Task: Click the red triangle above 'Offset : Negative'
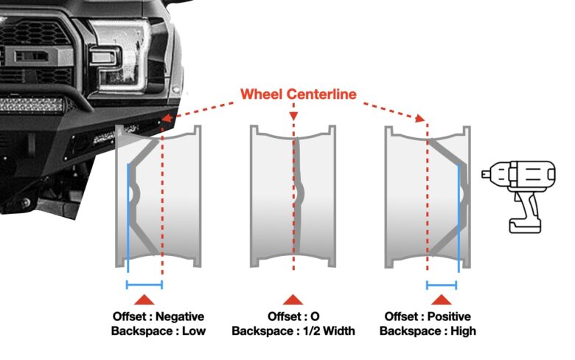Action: coord(144,299)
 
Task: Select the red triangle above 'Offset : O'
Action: coord(293,299)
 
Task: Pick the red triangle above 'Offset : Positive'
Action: coord(442,299)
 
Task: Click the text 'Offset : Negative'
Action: coord(158,316)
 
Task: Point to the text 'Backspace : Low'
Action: coord(158,331)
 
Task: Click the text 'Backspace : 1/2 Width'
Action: coord(293,331)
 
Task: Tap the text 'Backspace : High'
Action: coord(428,331)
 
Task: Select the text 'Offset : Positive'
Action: coord(428,316)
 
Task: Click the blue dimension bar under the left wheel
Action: coord(144,284)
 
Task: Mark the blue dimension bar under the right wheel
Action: coord(442,284)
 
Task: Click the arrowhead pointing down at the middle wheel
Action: coord(293,117)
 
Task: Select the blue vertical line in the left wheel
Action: coord(128,214)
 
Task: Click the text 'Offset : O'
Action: coord(293,316)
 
